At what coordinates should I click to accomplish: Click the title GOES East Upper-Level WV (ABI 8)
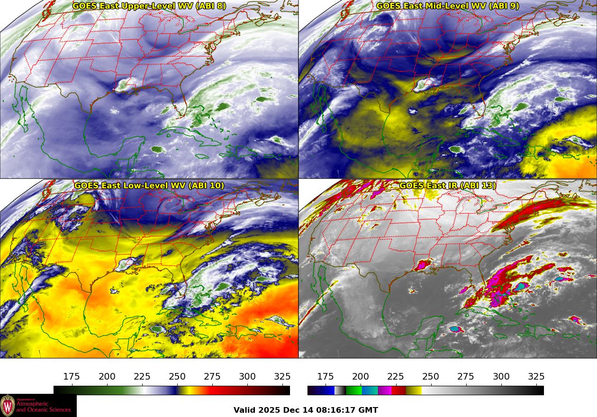(149, 6)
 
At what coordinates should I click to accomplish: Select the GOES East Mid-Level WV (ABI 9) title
(448, 6)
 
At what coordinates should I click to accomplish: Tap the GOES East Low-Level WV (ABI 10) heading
(149, 186)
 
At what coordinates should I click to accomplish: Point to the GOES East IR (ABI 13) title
(448, 186)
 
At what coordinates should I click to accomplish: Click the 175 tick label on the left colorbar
(72, 377)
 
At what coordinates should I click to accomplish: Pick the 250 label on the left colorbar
(177, 377)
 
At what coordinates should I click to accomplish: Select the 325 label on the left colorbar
(282, 377)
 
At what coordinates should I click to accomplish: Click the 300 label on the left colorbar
(247, 377)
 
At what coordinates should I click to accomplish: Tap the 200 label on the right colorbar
(361, 377)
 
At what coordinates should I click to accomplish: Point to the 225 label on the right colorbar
(396, 377)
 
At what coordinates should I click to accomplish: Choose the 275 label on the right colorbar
(466, 377)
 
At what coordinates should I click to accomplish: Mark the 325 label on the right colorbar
(536, 377)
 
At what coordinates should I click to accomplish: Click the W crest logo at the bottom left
(8, 406)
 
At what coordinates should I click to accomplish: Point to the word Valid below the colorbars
(245, 410)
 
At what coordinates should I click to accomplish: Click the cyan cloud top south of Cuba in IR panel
(455, 328)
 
